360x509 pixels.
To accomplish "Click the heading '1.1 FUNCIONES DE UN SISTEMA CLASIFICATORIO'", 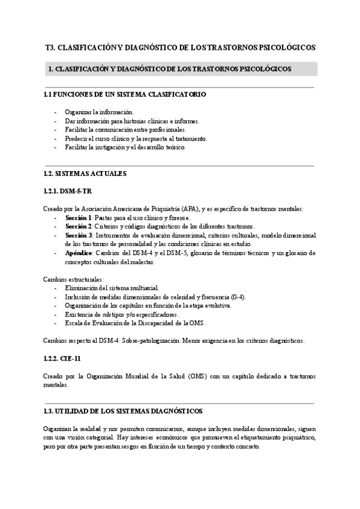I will [125, 95].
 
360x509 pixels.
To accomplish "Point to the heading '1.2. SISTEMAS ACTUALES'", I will [85, 173].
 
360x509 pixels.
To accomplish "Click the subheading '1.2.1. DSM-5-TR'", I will [68, 191].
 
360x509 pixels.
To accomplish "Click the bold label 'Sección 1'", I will [78, 217].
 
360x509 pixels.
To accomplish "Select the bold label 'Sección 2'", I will [78, 226].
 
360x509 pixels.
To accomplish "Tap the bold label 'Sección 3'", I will [78, 235].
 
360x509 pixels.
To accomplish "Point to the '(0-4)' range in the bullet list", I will [238, 297].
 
